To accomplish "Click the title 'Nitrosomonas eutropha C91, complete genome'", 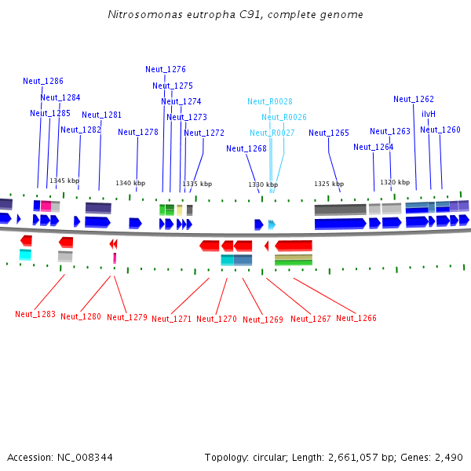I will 235,15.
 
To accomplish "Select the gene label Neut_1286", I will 43,81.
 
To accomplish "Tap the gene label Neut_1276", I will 166,69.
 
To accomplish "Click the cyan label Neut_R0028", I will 270,101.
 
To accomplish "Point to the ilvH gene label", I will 429,114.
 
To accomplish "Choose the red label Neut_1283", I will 35,314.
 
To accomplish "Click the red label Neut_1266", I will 356,318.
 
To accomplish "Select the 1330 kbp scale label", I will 264,184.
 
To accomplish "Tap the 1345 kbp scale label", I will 64,181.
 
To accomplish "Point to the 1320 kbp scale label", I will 395,182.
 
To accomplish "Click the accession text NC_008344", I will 60,457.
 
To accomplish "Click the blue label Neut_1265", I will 329,133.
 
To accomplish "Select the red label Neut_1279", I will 127,317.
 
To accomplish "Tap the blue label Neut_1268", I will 246,148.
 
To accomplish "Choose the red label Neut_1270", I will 217,319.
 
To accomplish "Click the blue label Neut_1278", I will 138,132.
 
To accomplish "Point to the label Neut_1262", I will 414,99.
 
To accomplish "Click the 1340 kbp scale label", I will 130,183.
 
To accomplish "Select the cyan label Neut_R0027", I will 272,133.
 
